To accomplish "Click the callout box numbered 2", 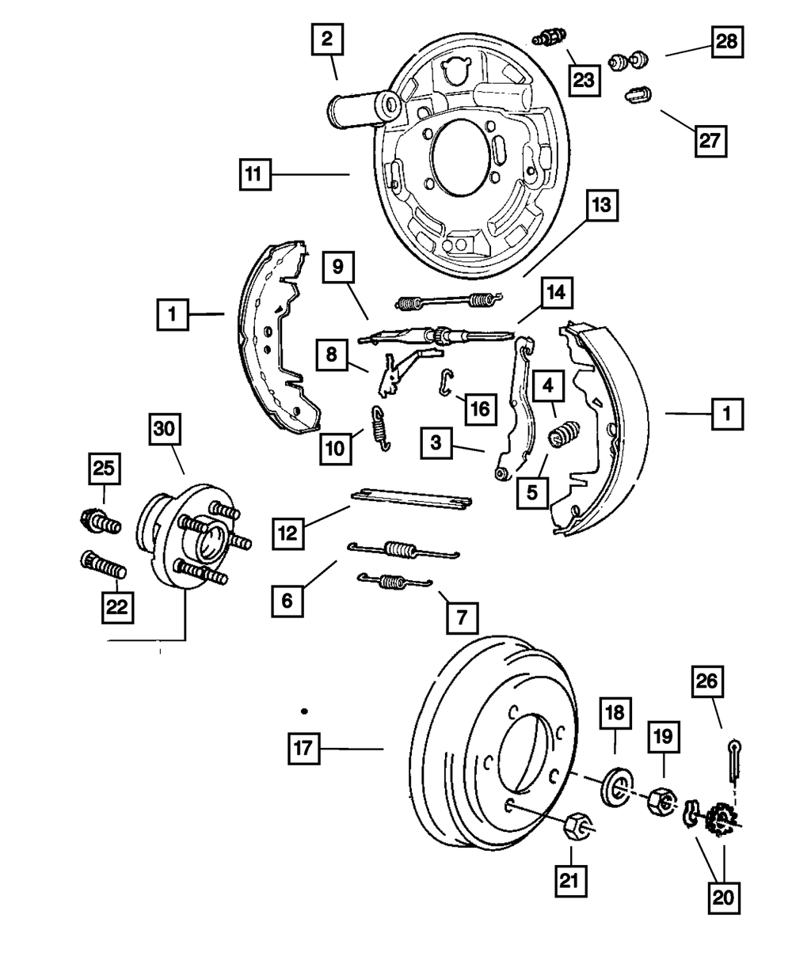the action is (x=327, y=40).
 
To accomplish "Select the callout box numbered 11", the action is (x=255, y=174).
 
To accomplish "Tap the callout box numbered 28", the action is (x=727, y=42).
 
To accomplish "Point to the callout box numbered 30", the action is (x=165, y=429).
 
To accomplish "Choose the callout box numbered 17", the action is (x=303, y=749).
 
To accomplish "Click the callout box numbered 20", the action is (x=723, y=897).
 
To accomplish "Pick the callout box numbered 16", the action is (x=481, y=408).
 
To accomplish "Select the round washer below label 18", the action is (x=618, y=787).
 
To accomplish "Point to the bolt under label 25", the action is (x=101, y=522).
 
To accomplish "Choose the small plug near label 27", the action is (x=638, y=94).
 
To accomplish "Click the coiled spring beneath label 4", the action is (x=564, y=434).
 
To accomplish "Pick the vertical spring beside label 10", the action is (x=381, y=428).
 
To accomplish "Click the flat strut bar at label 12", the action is (x=411, y=499).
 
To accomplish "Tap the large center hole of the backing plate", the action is (x=461, y=157).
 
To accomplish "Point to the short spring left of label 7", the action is (x=394, y=581).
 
